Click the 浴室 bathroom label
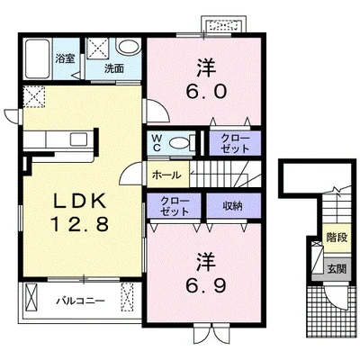coord(65,58)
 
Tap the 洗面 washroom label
coord(114,69)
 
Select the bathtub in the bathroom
coord(37,59)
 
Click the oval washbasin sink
coord(129,47)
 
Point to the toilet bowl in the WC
coord(179,142)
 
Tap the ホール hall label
coord(166,175)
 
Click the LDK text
coord(80,201)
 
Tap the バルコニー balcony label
coord(81,301)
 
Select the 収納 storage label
coord(232,206)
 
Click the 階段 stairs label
coord(337,238)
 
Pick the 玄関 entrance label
coord(337,269)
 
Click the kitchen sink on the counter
coord(79,139)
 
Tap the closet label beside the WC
coord(235,143)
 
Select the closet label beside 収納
coord(175,206)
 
